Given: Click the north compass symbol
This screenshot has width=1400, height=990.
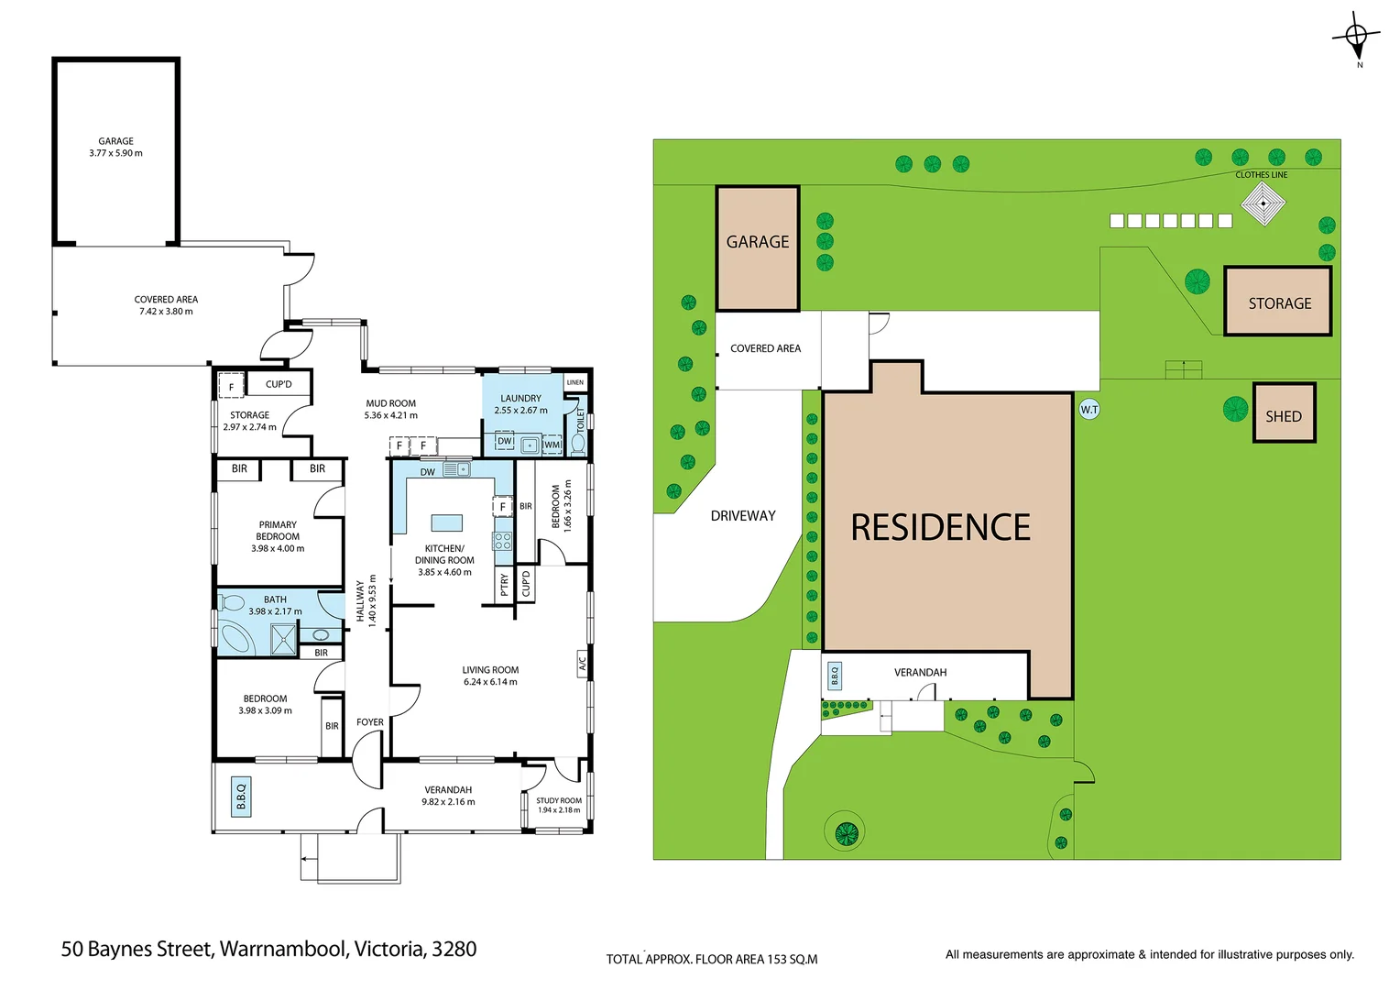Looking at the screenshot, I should click(x=1356, y=37).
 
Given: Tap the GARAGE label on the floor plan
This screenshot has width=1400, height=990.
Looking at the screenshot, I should click(x=115, y=141).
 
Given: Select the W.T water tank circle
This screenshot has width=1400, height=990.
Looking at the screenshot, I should click(x=1088, y=410).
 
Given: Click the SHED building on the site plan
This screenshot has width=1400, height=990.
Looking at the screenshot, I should click(x=1284, y=414).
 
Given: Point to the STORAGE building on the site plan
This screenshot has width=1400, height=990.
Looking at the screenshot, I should click(x=1278, y=302).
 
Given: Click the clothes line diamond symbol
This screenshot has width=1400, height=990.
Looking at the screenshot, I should click(x=1263, y=203).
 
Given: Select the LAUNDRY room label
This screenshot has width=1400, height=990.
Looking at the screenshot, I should click(x=520, y=399).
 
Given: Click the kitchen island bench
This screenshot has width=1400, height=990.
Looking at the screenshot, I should click(x=447, y=522).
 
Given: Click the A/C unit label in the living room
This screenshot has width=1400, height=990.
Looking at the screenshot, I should click(x=582, y=662).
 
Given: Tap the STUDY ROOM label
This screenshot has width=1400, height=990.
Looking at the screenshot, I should click(x=559, y=800).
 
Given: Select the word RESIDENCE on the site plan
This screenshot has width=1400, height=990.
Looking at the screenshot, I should click(x=941, y=527).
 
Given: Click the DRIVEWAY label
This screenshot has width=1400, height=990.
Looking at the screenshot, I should click(x=743, y=516).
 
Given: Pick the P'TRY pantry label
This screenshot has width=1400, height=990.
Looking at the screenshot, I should click(x=504, y=585).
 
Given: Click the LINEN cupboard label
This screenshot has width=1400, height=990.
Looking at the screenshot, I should click(x=575, y=382).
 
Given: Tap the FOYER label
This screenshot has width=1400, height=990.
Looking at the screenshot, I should click(x=370, y=722).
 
